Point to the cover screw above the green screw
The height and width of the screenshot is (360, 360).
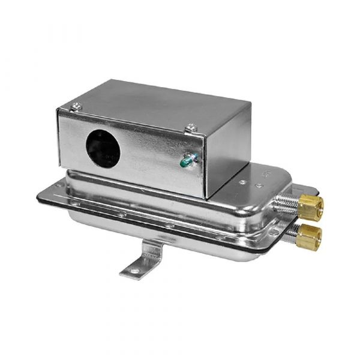pyautogui.click(x=191, y=127)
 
